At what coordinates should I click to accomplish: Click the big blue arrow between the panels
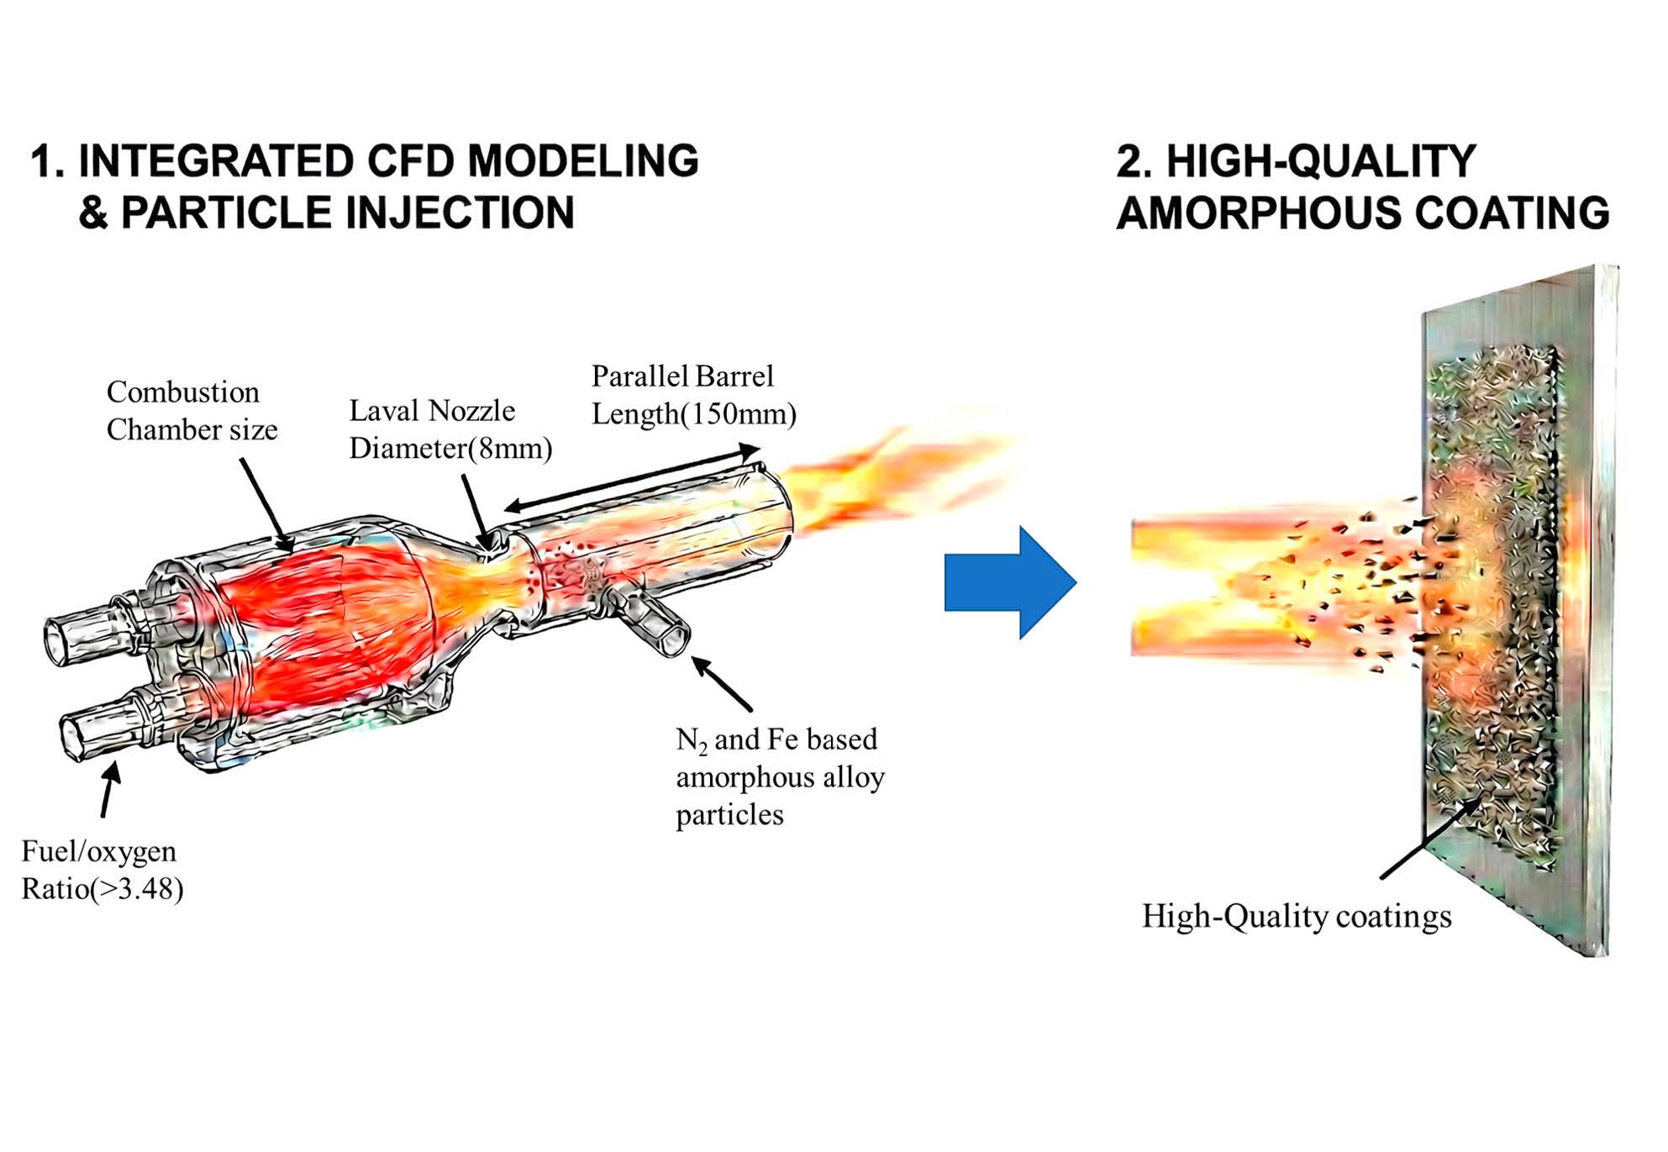coord(1008,582)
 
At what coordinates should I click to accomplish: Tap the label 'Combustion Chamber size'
coord(192,411)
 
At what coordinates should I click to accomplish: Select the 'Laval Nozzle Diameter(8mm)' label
coord(450,429)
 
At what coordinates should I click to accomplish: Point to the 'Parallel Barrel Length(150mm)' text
coord(693,395)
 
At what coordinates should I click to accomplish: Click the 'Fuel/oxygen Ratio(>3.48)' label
coord(102,870)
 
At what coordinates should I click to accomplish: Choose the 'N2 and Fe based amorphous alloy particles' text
coord(780,776)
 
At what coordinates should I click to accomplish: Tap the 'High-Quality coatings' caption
coord(1296,916)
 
